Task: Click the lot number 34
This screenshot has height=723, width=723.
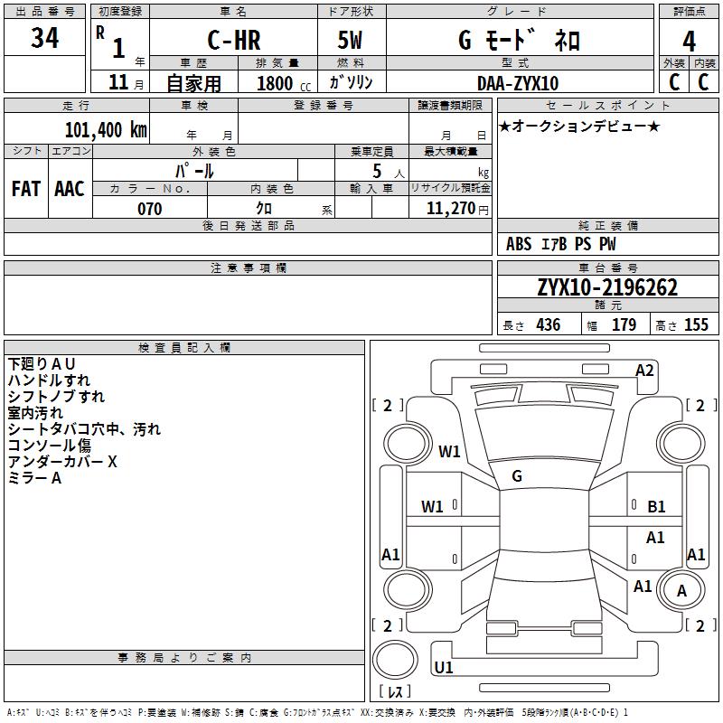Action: [44, 39]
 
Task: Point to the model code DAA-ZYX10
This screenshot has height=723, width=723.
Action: [518, 83]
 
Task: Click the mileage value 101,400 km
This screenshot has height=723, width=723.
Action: [105, 129]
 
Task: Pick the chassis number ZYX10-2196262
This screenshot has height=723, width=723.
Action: [607, 287]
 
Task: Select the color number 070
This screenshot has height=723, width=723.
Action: [149, 209]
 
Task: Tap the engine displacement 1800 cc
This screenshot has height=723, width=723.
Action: [278, 83]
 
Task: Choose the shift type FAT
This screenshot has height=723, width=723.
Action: [25, 188]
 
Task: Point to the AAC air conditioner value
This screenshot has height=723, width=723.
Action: [70, 188]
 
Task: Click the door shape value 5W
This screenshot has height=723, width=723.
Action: [351, 40]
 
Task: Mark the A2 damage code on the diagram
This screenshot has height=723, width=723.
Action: [644, 370]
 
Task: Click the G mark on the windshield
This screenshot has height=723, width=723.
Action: [517, 476]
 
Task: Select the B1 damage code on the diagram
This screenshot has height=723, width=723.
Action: [657, 507]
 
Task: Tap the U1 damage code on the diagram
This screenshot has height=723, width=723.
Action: [444, 668]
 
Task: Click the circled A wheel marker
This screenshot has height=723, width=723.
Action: [682, 591]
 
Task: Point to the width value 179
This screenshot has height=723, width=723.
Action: [624, 325]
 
